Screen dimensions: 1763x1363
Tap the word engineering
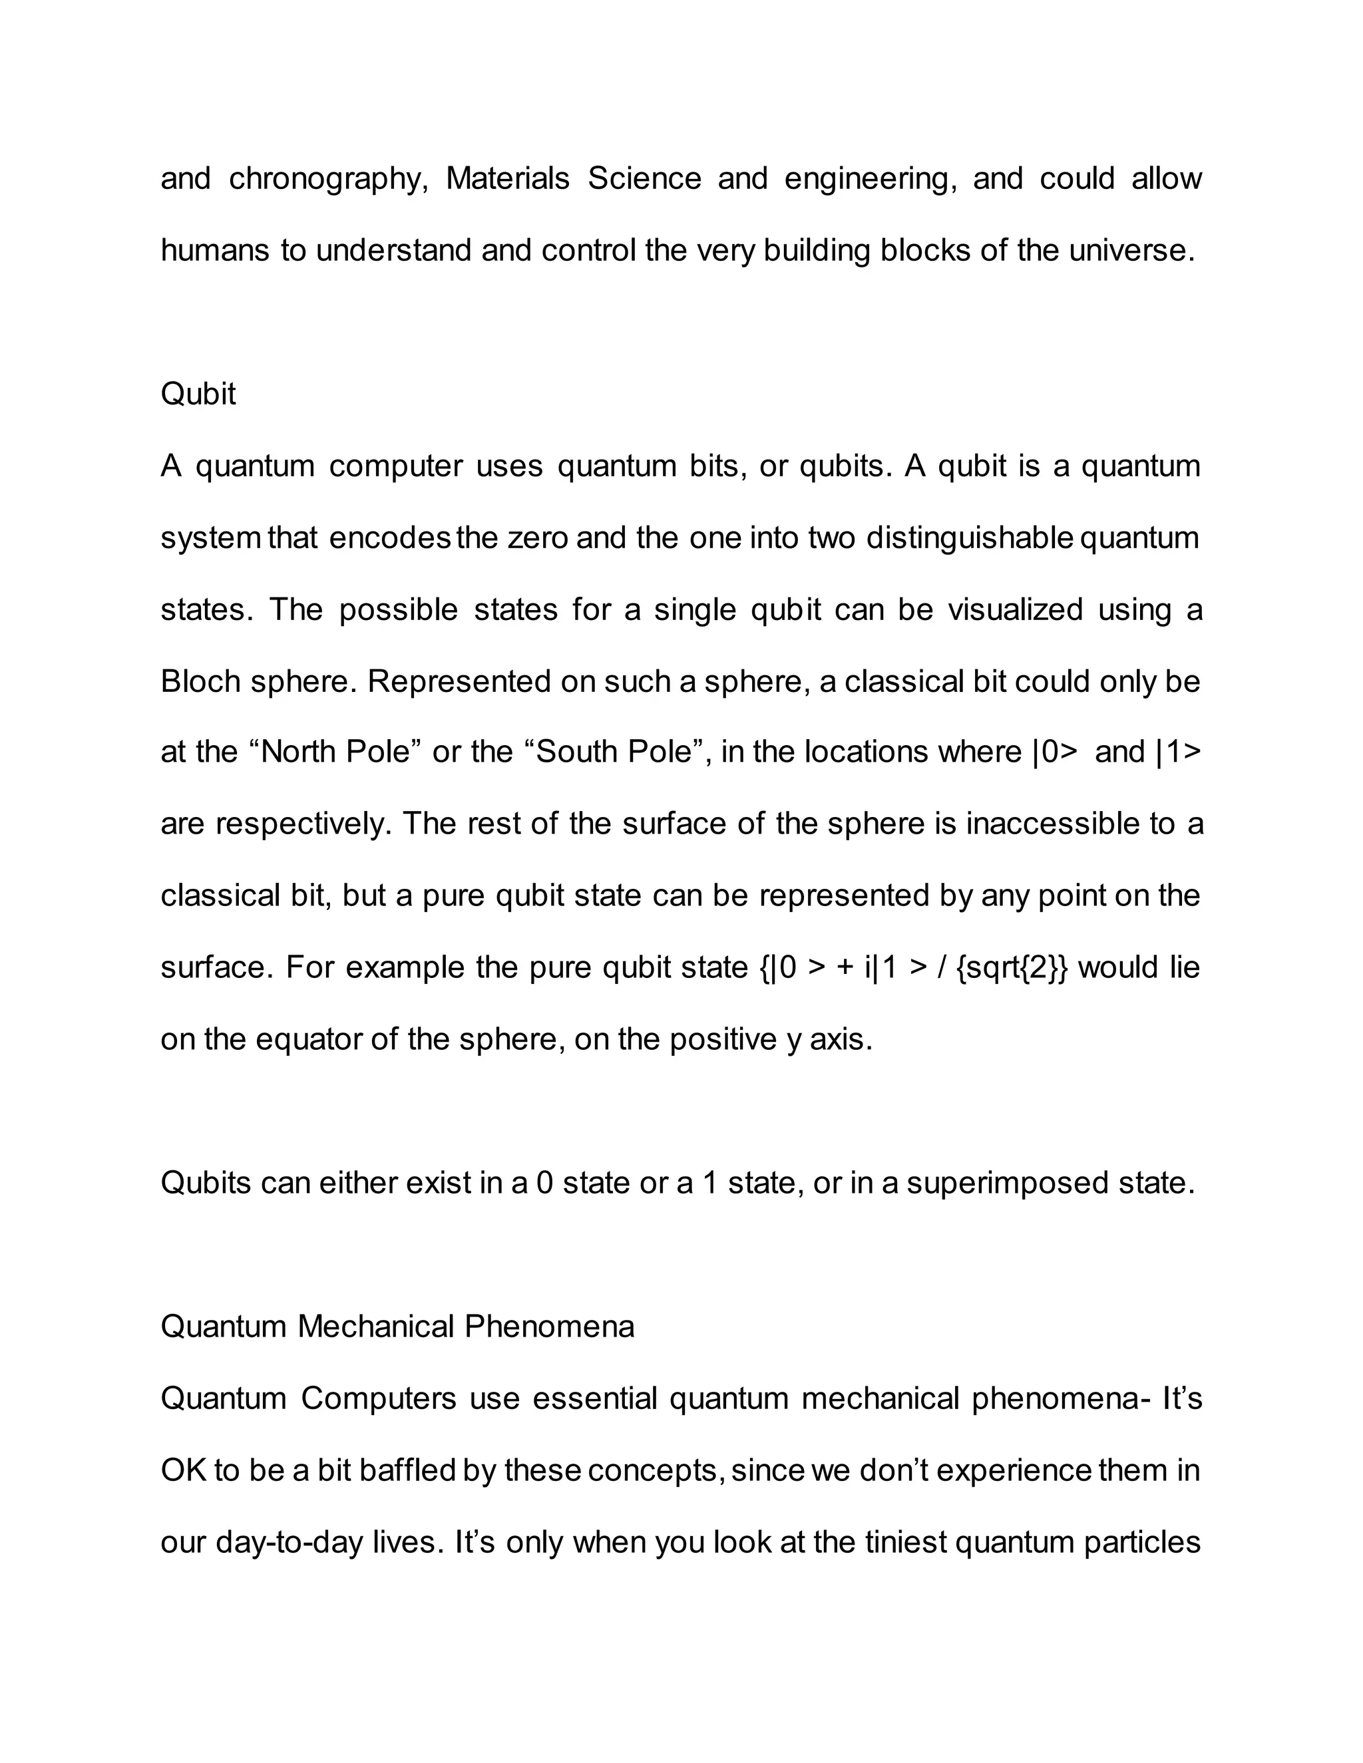[871, 179]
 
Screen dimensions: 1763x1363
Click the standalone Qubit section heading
[198, 395]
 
